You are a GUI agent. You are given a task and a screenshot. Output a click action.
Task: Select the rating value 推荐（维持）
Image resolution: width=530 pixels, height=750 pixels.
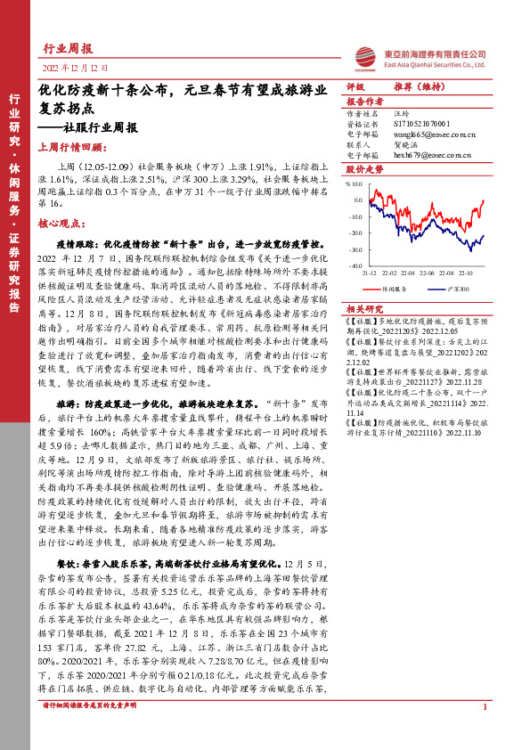[413, 86]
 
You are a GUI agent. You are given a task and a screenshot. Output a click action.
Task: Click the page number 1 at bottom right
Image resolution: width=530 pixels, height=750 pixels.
[484, 730]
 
